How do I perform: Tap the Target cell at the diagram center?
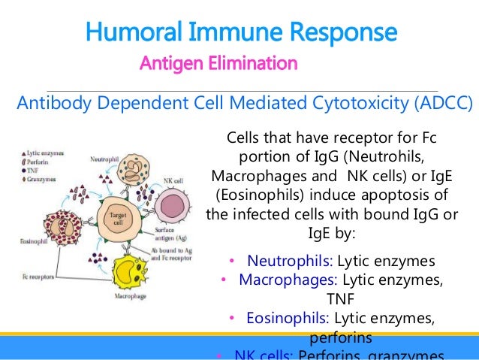click(x=118, y=220)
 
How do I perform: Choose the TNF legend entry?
click(x=33, y=171)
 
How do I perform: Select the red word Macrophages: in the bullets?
click(x=288, y=281)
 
